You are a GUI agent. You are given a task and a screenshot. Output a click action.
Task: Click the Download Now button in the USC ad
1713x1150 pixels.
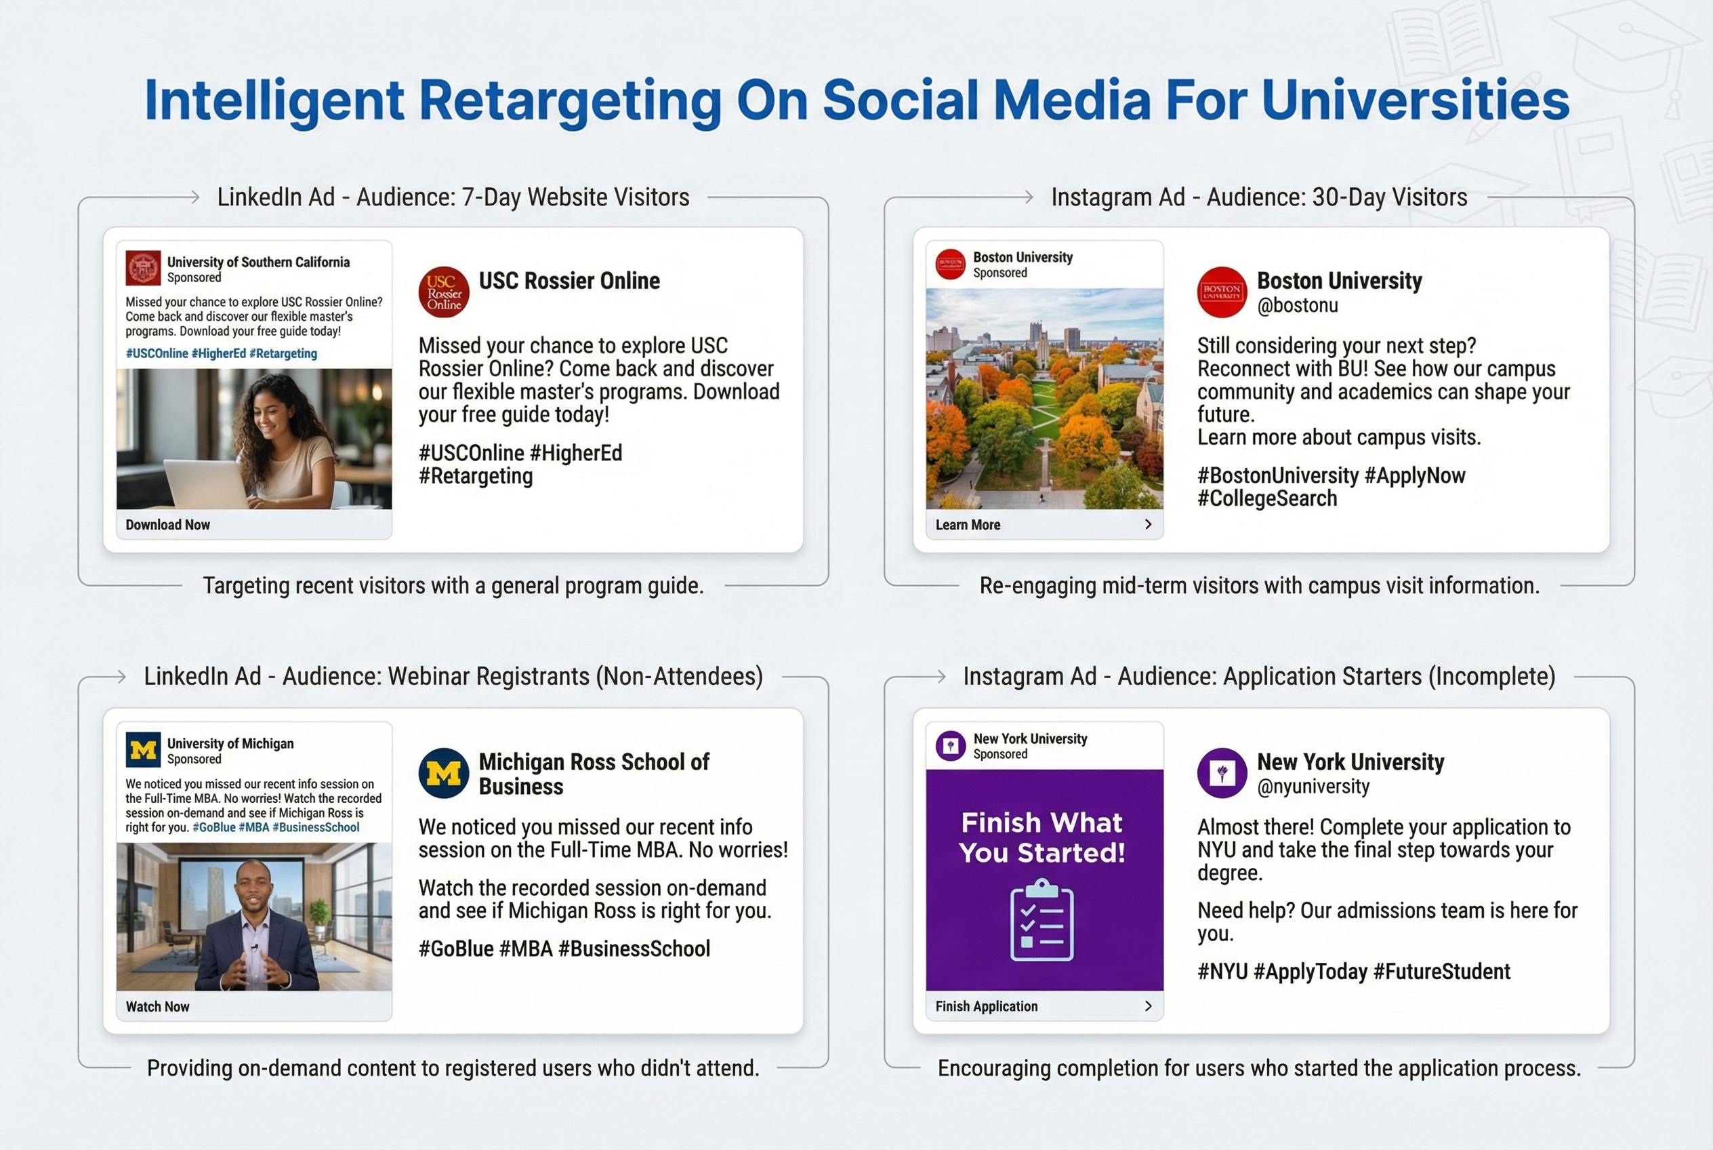[168, 524]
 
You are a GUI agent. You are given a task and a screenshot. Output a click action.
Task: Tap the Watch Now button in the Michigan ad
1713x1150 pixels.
[158, 1006]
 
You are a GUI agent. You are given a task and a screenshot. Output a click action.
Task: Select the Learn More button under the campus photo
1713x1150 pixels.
[968, 524]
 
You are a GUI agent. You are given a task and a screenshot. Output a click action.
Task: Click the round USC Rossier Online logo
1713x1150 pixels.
[443, 292]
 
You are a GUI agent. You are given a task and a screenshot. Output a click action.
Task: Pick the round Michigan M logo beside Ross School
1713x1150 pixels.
[443, 773]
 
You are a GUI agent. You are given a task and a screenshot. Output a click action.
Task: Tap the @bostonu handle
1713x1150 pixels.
[1298, 306]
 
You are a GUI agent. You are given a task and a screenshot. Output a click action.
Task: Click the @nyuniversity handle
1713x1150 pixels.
[1313, 787]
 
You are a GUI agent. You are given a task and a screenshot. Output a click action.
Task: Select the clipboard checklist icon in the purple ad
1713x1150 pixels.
[1041, 921]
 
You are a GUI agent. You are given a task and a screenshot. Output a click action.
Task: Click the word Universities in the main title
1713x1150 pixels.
[1415, 100]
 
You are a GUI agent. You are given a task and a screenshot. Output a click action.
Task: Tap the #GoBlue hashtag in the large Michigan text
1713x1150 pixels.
[455, 949]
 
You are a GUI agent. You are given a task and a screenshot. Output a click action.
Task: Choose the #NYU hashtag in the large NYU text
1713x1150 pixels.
[1222, 972]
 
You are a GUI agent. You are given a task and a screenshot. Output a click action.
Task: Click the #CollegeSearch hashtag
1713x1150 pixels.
[1266, 499]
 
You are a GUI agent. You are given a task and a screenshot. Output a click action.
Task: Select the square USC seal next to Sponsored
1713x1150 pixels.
[143, 268]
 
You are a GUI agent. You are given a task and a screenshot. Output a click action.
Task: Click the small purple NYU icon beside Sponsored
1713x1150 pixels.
[951, 746]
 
